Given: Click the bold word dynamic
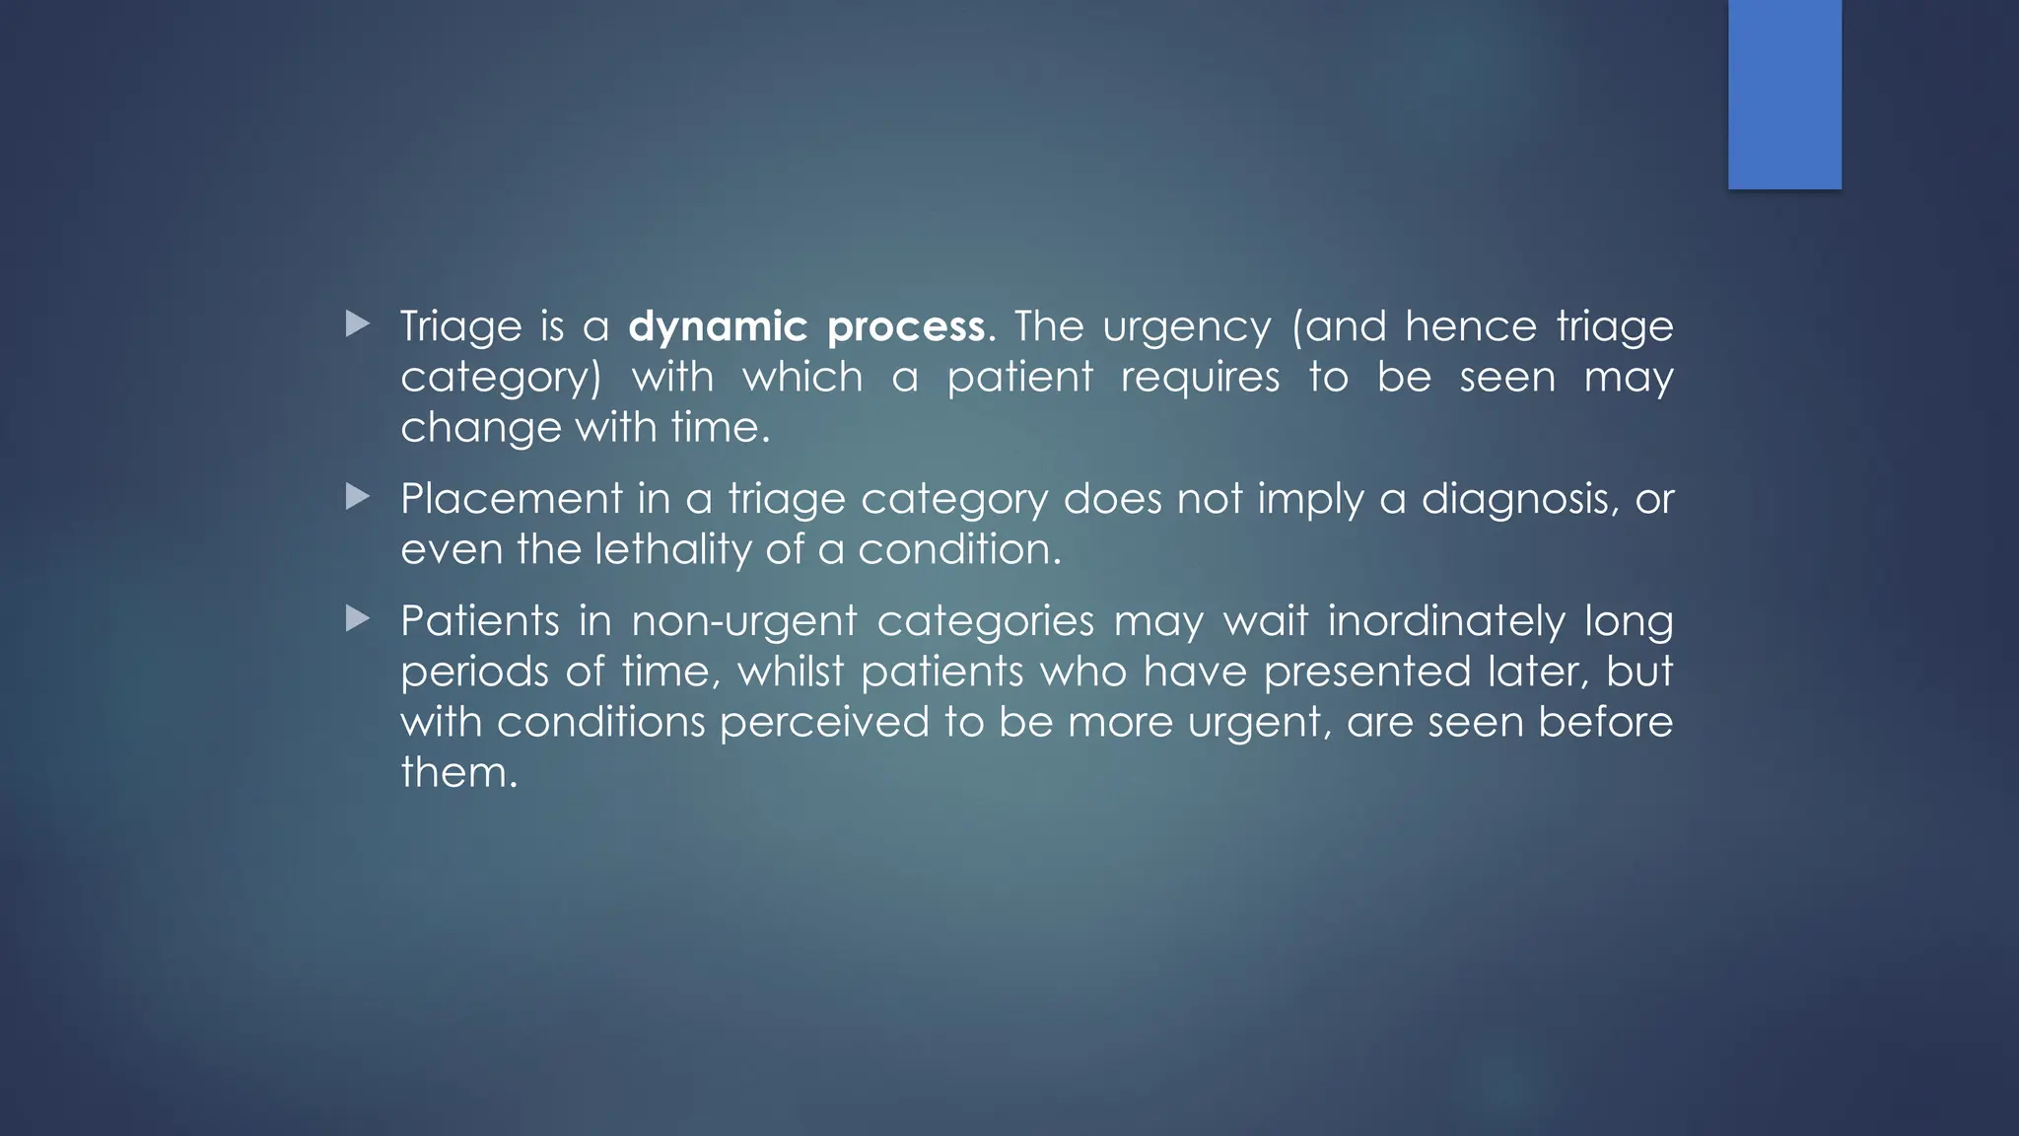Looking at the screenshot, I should [718, 327].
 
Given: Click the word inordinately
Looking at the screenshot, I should [1446, 622].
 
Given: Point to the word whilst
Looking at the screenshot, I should [791, 673].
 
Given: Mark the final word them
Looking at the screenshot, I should [457, 773].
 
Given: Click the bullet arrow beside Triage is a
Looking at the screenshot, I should [358, 323].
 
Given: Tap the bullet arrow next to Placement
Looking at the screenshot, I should [358, 497].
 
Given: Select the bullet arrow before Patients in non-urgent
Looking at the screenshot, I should [358, 619].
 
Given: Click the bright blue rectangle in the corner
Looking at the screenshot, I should [1784, 94].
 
